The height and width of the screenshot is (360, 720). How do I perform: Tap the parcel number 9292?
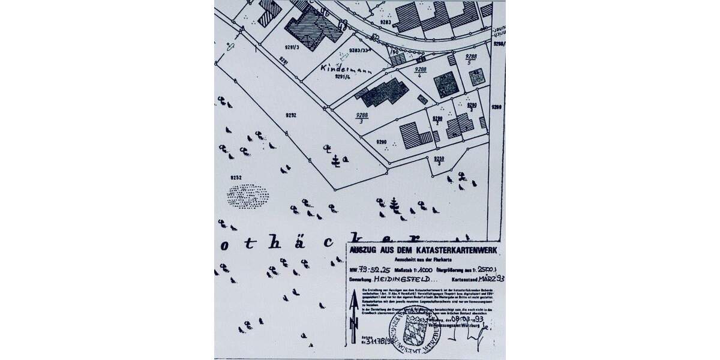291,113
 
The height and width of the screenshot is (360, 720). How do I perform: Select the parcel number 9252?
235,178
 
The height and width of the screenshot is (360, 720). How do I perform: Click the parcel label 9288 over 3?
361,118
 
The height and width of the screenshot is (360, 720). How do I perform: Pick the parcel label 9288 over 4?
421,73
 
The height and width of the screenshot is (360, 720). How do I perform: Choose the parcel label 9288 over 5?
472,58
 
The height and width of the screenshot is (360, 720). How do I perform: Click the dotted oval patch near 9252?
248,195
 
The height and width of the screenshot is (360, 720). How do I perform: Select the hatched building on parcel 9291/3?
310,27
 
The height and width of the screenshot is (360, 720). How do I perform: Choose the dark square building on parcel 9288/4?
445,84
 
